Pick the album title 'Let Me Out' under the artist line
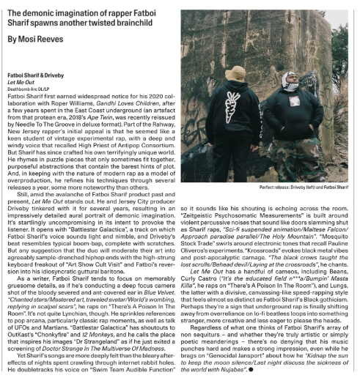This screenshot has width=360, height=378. coord(19,81)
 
